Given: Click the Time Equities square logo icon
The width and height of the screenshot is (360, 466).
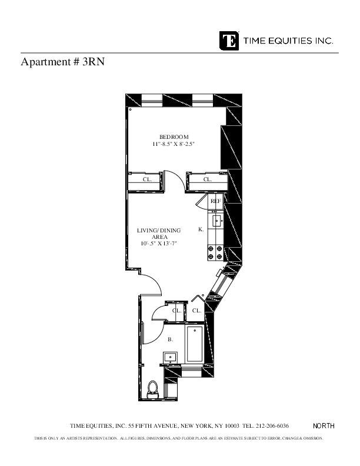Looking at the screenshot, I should (229, 41).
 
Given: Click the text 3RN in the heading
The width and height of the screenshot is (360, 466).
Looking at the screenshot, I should (93, 61).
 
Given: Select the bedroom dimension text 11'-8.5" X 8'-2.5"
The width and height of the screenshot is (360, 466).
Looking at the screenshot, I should (174, 144).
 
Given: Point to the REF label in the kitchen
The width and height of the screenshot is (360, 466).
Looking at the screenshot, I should (216, 201).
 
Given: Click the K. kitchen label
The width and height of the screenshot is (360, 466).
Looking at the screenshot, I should (201, 229).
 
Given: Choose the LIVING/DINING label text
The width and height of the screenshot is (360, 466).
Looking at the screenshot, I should (159, 230).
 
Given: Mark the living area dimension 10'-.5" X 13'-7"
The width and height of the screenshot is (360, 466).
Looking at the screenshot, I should (159, 244).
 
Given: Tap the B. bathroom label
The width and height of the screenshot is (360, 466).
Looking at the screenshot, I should (170, 339).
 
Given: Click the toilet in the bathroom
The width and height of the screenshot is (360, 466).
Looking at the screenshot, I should (153, 390).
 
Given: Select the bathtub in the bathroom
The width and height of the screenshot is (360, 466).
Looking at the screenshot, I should (194, 345).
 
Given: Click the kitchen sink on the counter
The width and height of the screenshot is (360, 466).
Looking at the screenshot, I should (216, 222).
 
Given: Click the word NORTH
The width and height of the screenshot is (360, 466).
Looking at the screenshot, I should (324, 426).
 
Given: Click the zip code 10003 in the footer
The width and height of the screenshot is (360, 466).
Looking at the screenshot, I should (232, 426).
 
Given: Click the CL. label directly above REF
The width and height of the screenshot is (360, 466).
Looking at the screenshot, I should (207, 179).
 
